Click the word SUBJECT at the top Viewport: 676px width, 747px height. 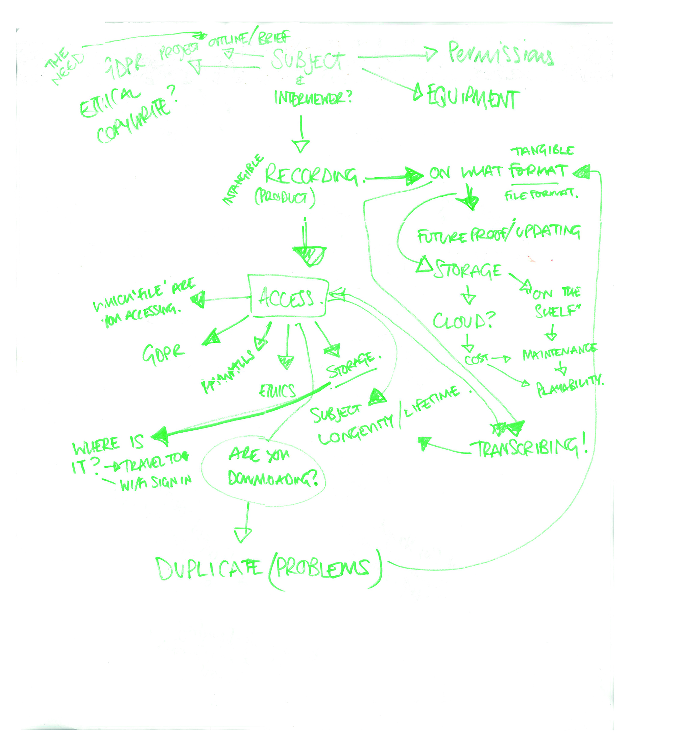pyautogui.click(x=308, y=61)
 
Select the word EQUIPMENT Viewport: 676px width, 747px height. pyautogui.click(x=473, y=99)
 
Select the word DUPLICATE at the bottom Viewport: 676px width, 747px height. pyautogui.click(x=210, y=569)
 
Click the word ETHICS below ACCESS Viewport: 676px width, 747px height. pyautogui.click(x=277, y=391)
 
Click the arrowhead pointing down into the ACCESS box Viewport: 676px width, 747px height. pyautogui.click(x=309, y=255)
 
